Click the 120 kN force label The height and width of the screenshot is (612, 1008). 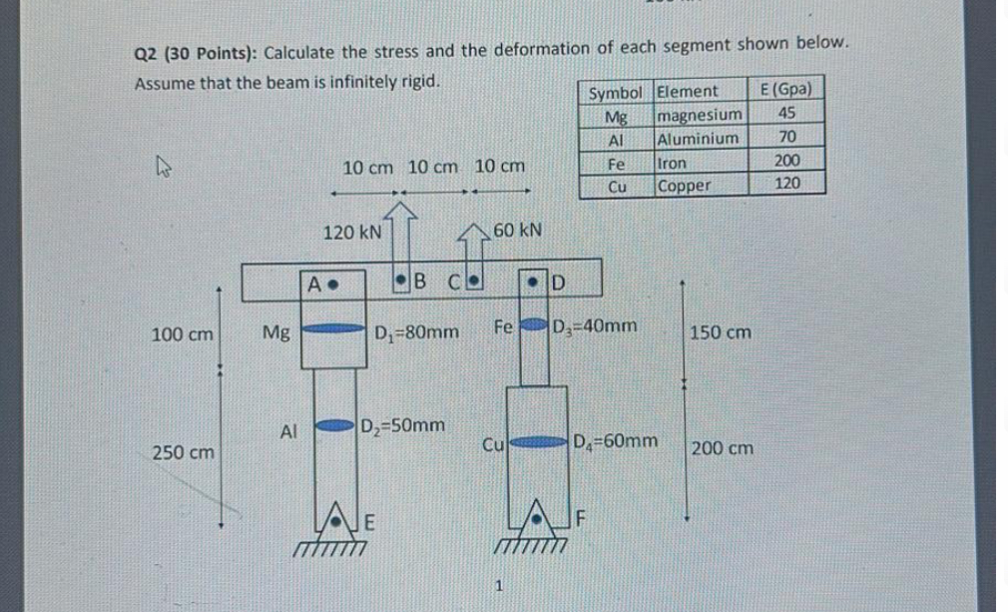[x=352, y=232]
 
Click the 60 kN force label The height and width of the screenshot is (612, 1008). [x=518, y=230]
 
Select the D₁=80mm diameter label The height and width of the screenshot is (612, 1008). [x=417, y=328]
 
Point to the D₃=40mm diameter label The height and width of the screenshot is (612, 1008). [x=595, y=324]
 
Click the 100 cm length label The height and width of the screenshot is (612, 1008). [x=182, y=333]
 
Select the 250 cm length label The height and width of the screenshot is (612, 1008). [x=183, y=452]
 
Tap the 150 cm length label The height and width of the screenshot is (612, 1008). [x=721, y=331]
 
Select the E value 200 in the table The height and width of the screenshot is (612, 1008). [x=786, y=161]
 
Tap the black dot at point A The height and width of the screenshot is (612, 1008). [x=336, y=282]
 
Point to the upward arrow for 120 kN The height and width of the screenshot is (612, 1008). [x=400, y=221]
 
